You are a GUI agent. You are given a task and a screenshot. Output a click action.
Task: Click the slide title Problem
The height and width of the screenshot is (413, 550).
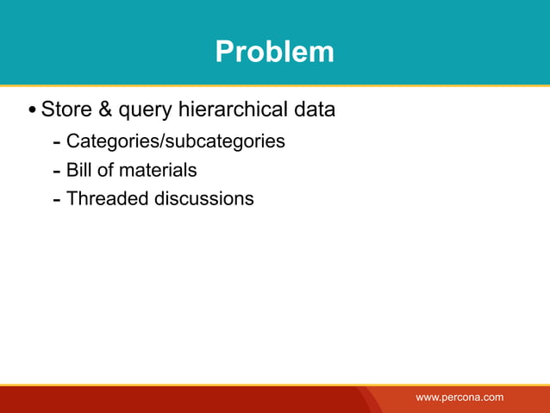(274, 52)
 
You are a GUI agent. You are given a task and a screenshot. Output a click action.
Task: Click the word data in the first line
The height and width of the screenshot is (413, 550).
(313, 110)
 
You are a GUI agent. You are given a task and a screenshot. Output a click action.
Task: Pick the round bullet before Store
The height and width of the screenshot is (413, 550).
(32, 111)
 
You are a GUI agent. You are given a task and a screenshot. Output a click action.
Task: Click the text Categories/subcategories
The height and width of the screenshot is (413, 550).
(175, 141)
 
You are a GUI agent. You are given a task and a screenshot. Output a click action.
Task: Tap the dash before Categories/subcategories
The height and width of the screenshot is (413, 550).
(56, 141)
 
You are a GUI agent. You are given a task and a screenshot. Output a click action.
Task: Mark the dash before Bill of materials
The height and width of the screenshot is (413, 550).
(56, 171)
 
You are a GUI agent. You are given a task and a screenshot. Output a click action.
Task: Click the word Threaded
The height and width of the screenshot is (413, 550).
(107, 198)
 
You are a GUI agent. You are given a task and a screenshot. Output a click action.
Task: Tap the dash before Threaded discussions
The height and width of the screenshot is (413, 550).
(56, 200)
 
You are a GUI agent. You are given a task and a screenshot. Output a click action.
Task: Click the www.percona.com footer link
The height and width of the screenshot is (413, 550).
(459, 397)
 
